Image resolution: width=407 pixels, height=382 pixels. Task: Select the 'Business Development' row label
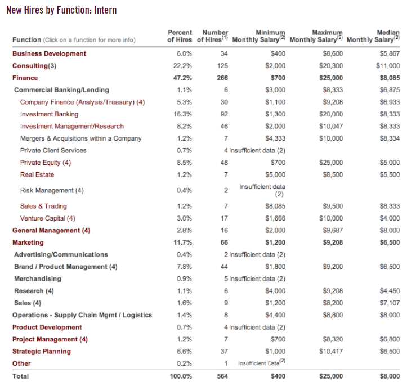click(50, 53)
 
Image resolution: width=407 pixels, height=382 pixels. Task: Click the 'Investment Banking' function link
click(49, 114)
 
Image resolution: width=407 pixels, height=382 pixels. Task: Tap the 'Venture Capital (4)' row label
click(47, 218)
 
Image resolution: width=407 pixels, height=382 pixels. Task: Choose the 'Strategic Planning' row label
click(42, 352)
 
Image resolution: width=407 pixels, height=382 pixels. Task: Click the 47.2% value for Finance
click(184, 78)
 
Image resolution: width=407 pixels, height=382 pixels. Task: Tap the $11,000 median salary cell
click(388, 66)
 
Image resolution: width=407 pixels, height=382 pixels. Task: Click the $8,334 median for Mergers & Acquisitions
click(390, 138)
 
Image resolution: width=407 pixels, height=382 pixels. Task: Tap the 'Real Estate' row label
click(37, 175)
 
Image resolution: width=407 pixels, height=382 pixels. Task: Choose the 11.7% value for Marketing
click(184, 242)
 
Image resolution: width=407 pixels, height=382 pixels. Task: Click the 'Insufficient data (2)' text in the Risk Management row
click(262, 190)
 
